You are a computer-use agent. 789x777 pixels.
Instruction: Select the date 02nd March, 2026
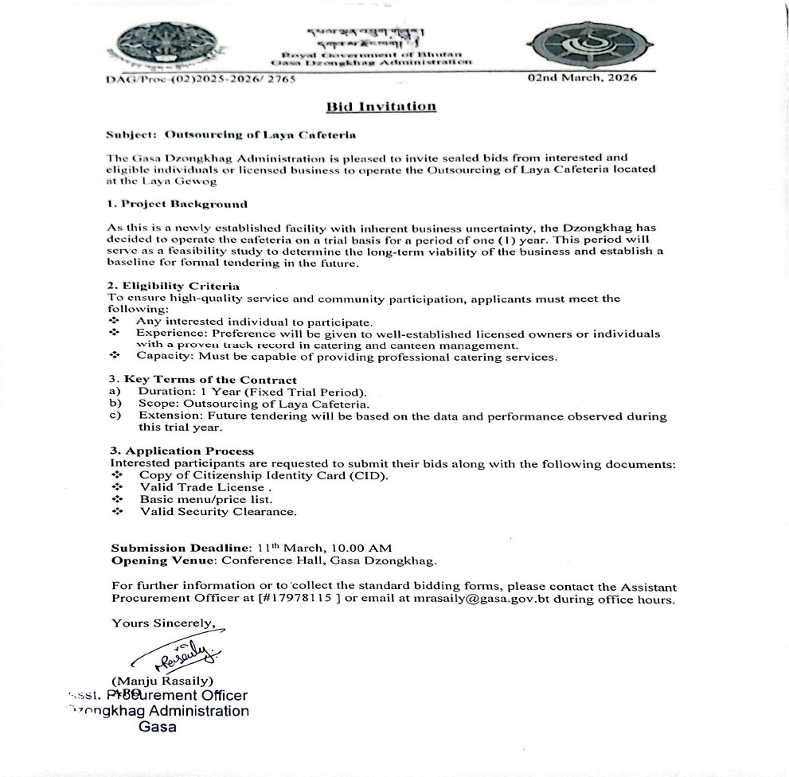(x=583, y=78)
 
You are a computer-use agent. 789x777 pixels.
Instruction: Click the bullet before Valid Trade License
(x=117, y=487)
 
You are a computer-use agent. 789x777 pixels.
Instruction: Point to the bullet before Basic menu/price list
(x=117, y=499)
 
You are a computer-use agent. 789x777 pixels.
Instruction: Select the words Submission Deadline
(x=180, y=548)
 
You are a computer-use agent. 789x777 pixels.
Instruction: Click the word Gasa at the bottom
(x=158, y=726)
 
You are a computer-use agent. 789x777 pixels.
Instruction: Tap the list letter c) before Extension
(x=115, y=416)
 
